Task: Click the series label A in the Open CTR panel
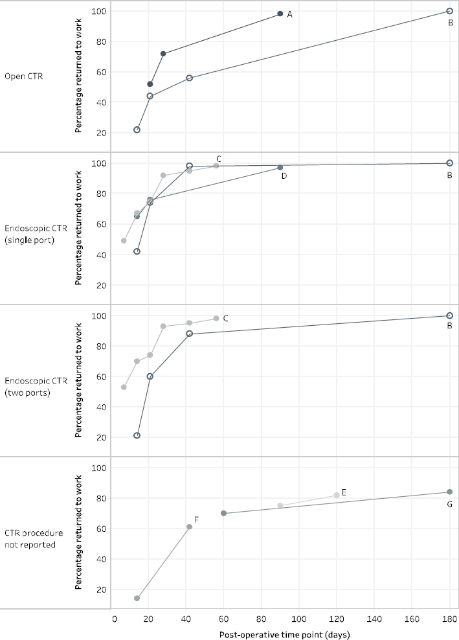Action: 289,14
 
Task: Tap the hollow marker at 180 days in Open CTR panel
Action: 449,11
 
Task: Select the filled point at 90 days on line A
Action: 280,14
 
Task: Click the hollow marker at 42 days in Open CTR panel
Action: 189,78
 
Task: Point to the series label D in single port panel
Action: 284,176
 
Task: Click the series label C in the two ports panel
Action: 225,318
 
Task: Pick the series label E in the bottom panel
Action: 344,493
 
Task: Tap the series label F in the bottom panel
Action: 196,520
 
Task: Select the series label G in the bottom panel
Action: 449,504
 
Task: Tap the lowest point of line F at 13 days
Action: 137,599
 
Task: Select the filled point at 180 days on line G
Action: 449,492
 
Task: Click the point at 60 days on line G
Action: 224,513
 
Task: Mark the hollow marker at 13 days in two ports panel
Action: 137,435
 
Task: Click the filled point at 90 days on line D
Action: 280,167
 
